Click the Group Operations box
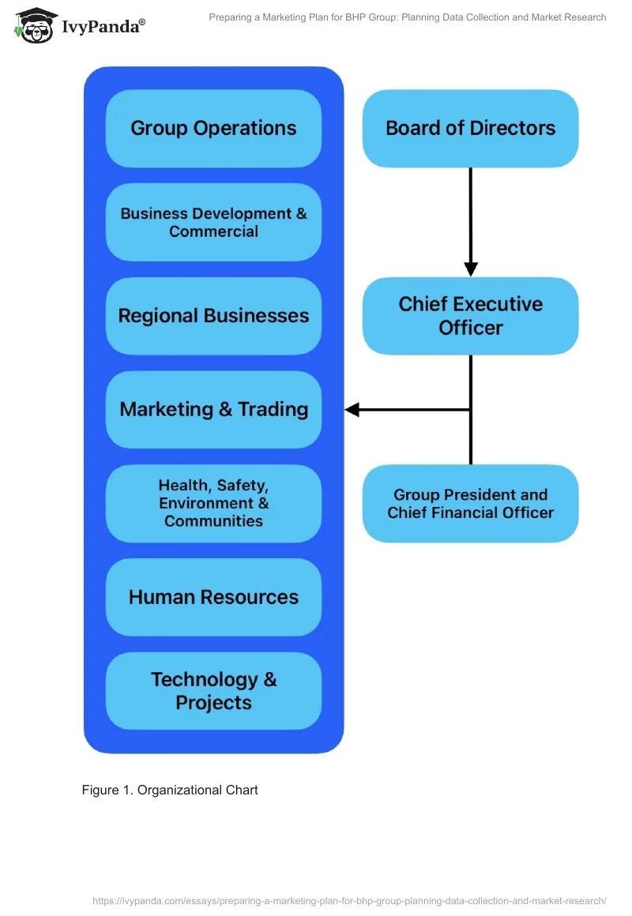pos(213,129)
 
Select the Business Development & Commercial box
pos(213,223)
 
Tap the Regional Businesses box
pos(213,316)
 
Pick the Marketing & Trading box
pos(213,410)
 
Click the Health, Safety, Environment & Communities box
pos(213,504)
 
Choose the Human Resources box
pos(213,597)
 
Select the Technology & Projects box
pos(213,691)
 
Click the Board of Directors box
pos(470,129)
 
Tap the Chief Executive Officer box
pos(470,316)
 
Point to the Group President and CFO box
pos(470,504)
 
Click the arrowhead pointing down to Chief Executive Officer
pos(471,268)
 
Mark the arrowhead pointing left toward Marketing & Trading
pos(352,410)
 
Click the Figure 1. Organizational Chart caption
pos(170,790)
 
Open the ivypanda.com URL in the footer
pos(348,900)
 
